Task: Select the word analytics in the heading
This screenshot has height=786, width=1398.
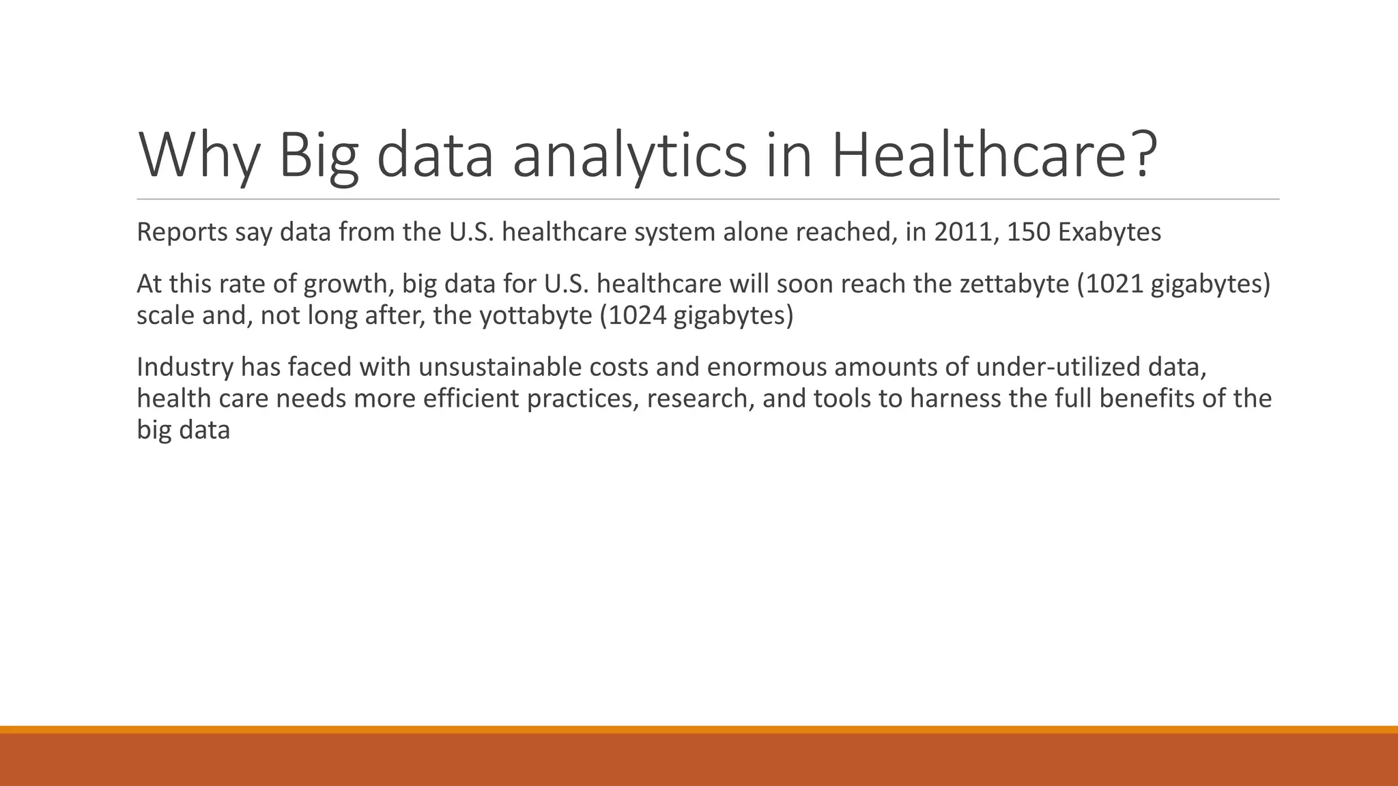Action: click(629, 156)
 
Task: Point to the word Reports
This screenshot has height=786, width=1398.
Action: click(182, 233)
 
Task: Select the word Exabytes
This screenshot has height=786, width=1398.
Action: click(1110, 233)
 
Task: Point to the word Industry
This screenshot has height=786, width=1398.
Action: click(185, 367)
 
